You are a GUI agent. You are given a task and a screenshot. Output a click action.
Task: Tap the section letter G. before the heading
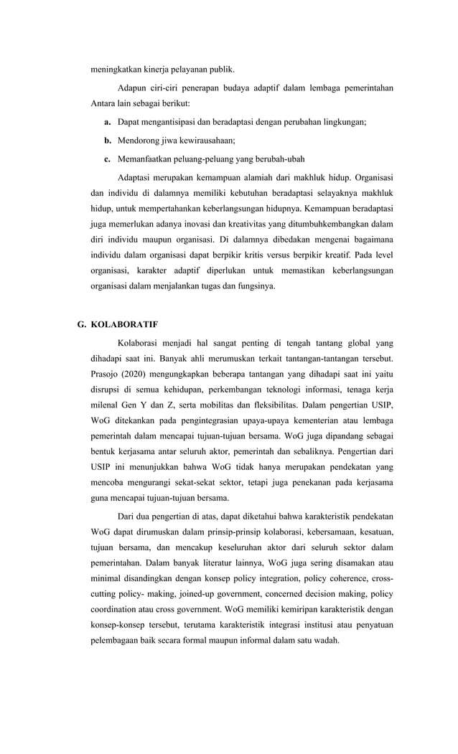(x=83, y=324)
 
